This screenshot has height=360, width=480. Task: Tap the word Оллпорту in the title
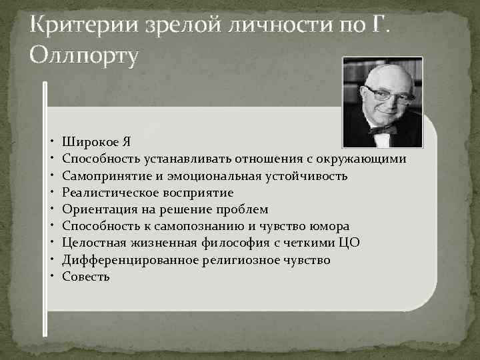[84, 56]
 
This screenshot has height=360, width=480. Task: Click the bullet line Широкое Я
[96, 142]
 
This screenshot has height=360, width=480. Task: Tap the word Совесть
[86, 276]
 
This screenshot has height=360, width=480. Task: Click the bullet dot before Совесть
[52, 276]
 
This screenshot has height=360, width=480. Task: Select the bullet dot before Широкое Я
[52, 142]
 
